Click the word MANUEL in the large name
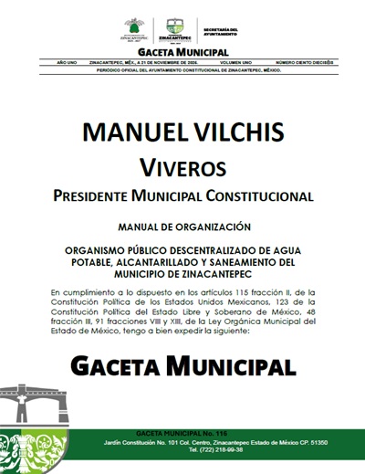pyautogui.click(x=132, y=133)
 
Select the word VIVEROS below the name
pyautogui.click(x=182, y=166)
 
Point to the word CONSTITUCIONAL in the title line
pyautogui.click(x=258, y=195)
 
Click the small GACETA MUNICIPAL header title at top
pyautogui.click(x=182, y=53)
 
